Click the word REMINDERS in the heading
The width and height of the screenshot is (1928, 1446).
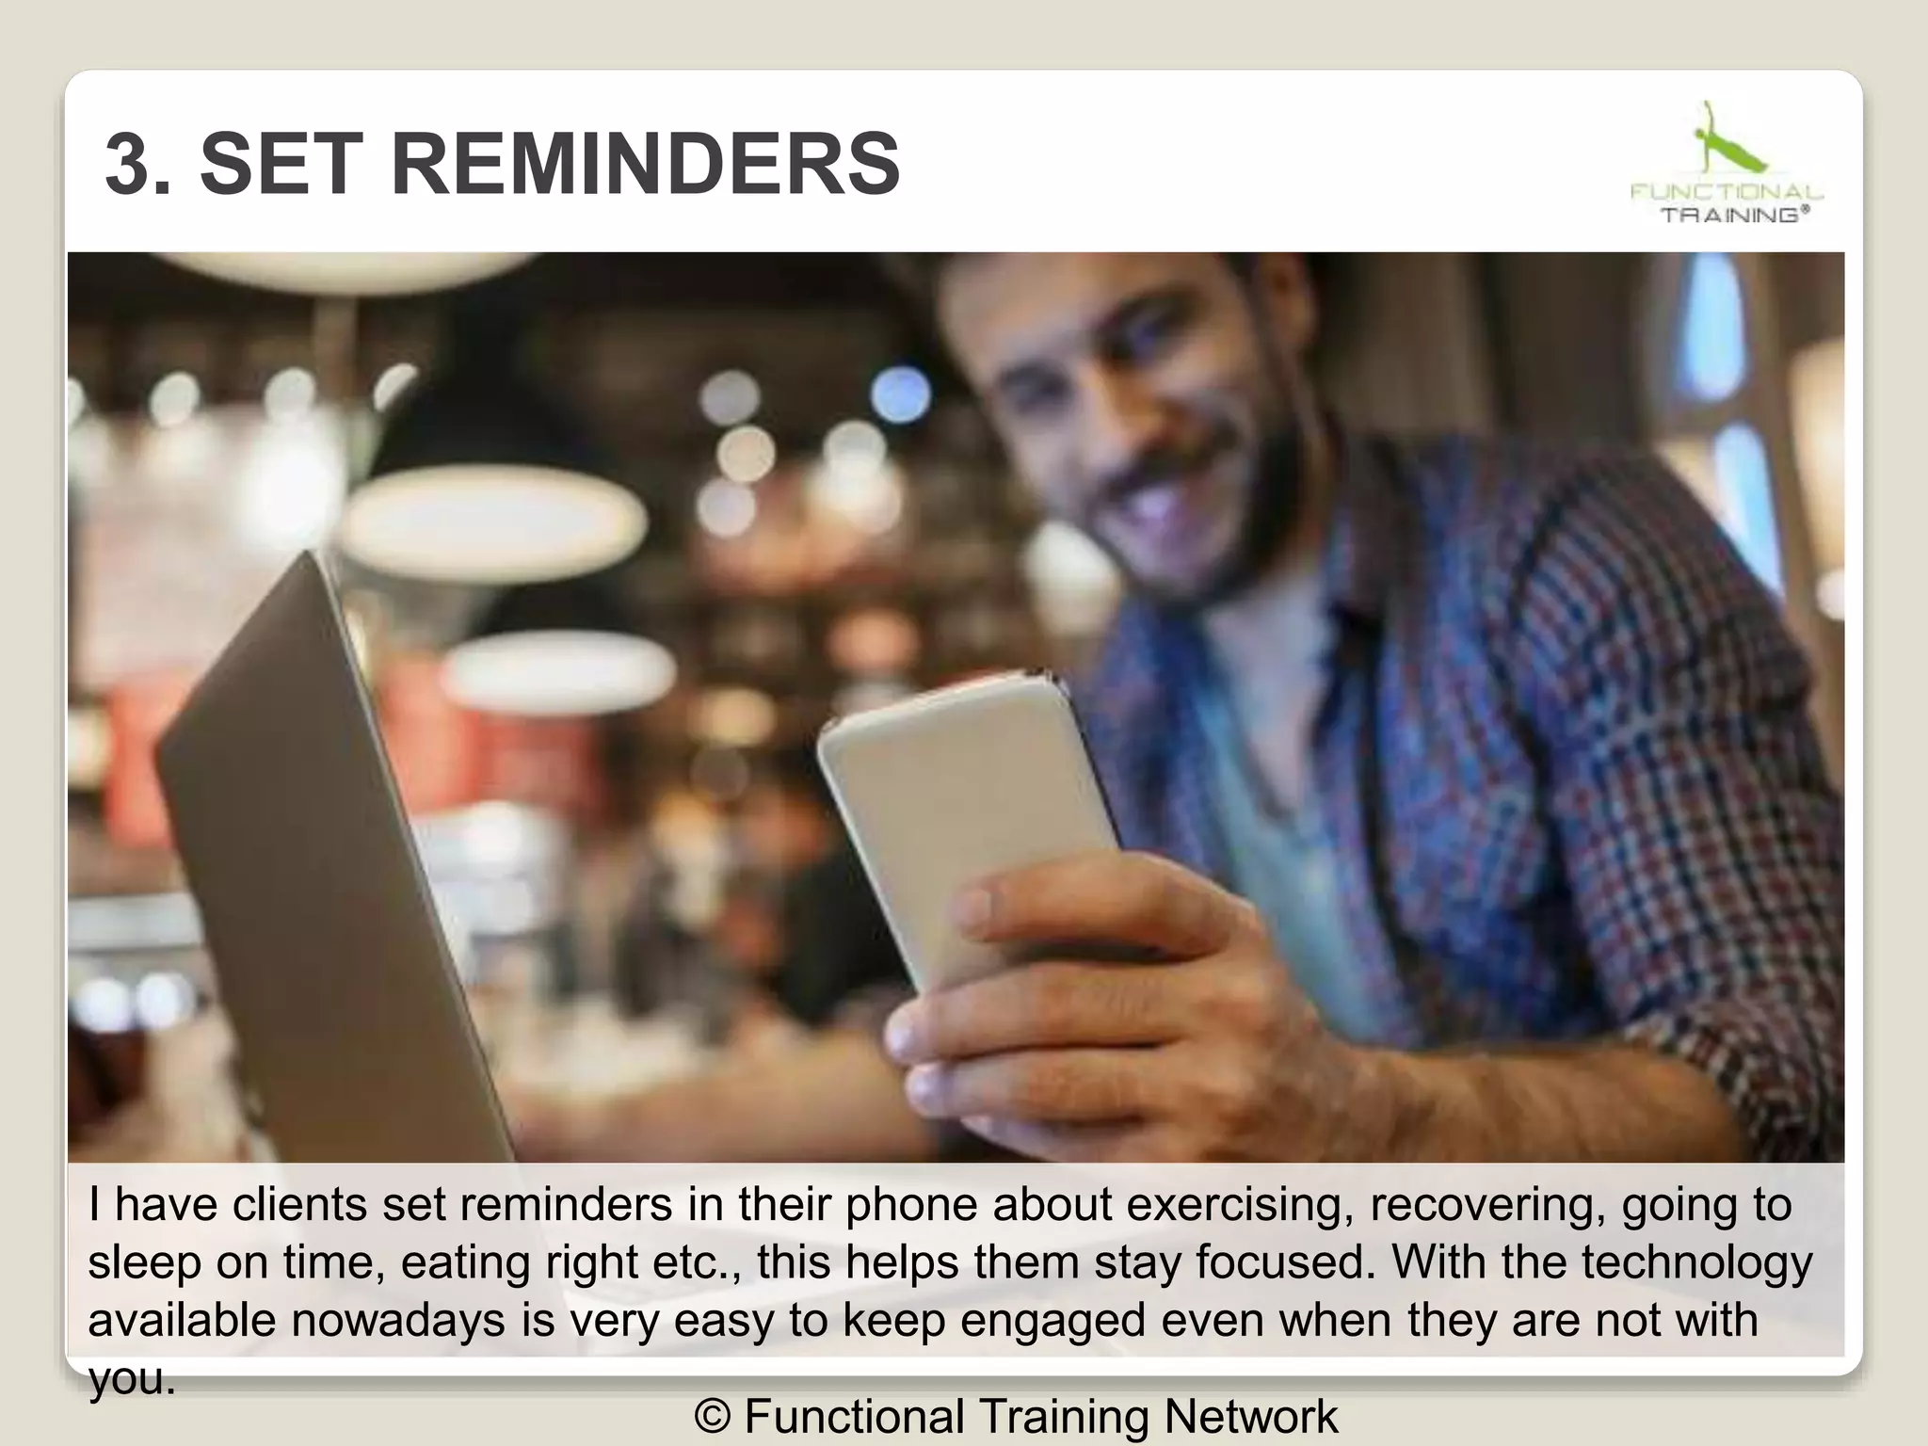pos(644,165)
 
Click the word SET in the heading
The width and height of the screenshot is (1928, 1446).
pos(281,165)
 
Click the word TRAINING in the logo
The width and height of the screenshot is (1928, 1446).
pos(1732,215)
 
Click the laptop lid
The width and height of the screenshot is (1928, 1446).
pos(311,847)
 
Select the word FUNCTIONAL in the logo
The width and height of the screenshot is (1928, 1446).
pos(1727,192)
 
